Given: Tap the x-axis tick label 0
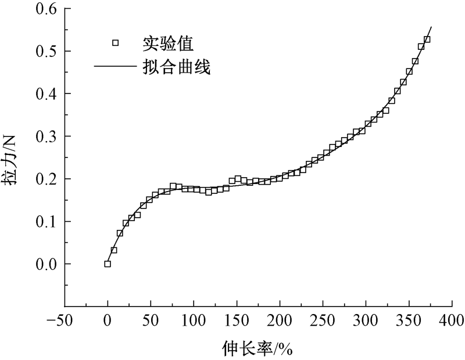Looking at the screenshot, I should (x=108, y=320).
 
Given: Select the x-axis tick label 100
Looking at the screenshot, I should (x=194, y=320).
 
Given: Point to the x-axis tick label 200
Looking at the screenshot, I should (x=280, y=320).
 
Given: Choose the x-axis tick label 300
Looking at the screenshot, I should (x=366, y=320).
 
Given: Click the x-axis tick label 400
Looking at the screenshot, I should (x=452, y=320).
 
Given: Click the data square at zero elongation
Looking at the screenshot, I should (x=108, y=264).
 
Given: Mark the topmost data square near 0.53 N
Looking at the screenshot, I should (x=427, y=39).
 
